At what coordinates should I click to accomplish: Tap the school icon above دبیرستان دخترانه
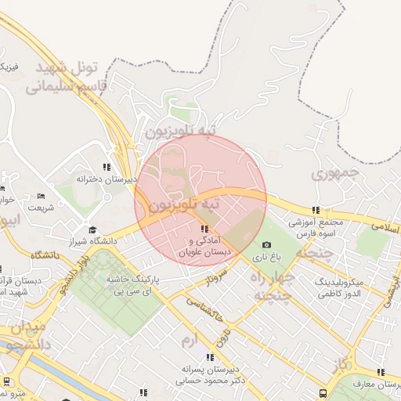click(x=107, y=167)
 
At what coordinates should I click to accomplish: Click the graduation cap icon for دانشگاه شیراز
click(x=93, y=230)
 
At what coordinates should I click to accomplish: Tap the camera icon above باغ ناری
click(x=266, y=245)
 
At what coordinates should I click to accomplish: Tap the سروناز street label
click(x=216, y=278)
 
